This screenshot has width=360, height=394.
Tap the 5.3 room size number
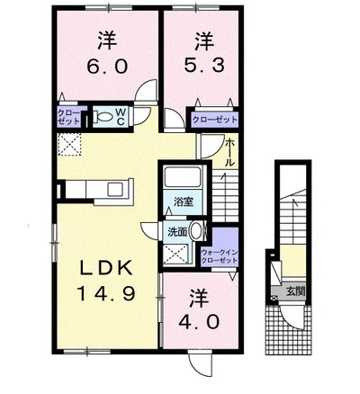[204, 65]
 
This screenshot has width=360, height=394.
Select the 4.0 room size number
[199, 322]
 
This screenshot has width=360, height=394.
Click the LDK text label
[106, 268]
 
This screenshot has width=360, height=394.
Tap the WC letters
[121, 117]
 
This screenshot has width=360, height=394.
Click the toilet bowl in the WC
[103, 117]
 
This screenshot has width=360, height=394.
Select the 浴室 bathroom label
[184, 201]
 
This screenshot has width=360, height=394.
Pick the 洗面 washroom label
[177, 231]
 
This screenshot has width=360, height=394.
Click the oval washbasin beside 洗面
[196, 231]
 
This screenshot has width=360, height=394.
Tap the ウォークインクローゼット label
[220, 256]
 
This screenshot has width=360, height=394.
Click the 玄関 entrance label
[295, 291]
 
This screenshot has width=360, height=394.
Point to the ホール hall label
[229, 152]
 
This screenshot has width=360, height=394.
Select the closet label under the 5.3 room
[214, 120]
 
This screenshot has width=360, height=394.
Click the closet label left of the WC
[68, 117]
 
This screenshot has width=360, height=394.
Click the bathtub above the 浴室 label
[183, 176]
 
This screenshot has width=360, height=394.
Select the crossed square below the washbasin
[176, 254]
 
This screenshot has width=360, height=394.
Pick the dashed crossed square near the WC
[69, 144]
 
